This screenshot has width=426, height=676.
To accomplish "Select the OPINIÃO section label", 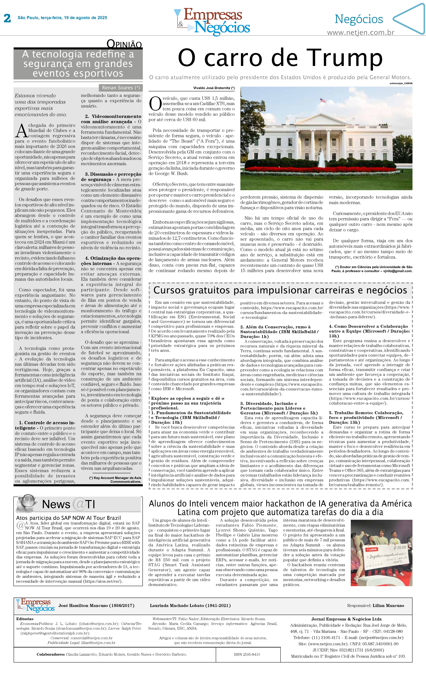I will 124,44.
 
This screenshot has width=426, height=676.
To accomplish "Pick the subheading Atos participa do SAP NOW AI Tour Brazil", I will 68,518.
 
